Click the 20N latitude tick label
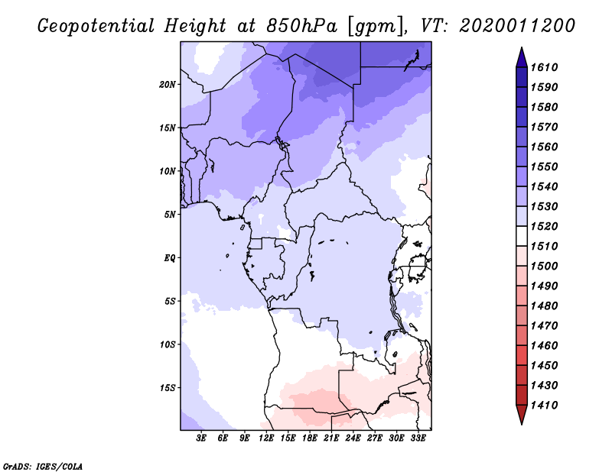pos(168,84)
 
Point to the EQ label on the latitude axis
pos(170,257)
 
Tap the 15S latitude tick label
pos(168,387)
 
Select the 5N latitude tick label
pos(170,215)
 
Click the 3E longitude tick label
pos(201,438)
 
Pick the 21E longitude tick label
pos(331,438)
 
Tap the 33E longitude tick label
pos(418,438)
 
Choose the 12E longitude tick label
pos(266,438)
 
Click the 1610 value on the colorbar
pos(546,67)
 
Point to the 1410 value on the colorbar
pos(546,405)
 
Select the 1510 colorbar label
pos(546,246)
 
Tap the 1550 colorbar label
pos(546,166)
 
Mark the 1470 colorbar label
pos(546,325)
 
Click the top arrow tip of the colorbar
pos(520,50)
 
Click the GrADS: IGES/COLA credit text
pos(43,465)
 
